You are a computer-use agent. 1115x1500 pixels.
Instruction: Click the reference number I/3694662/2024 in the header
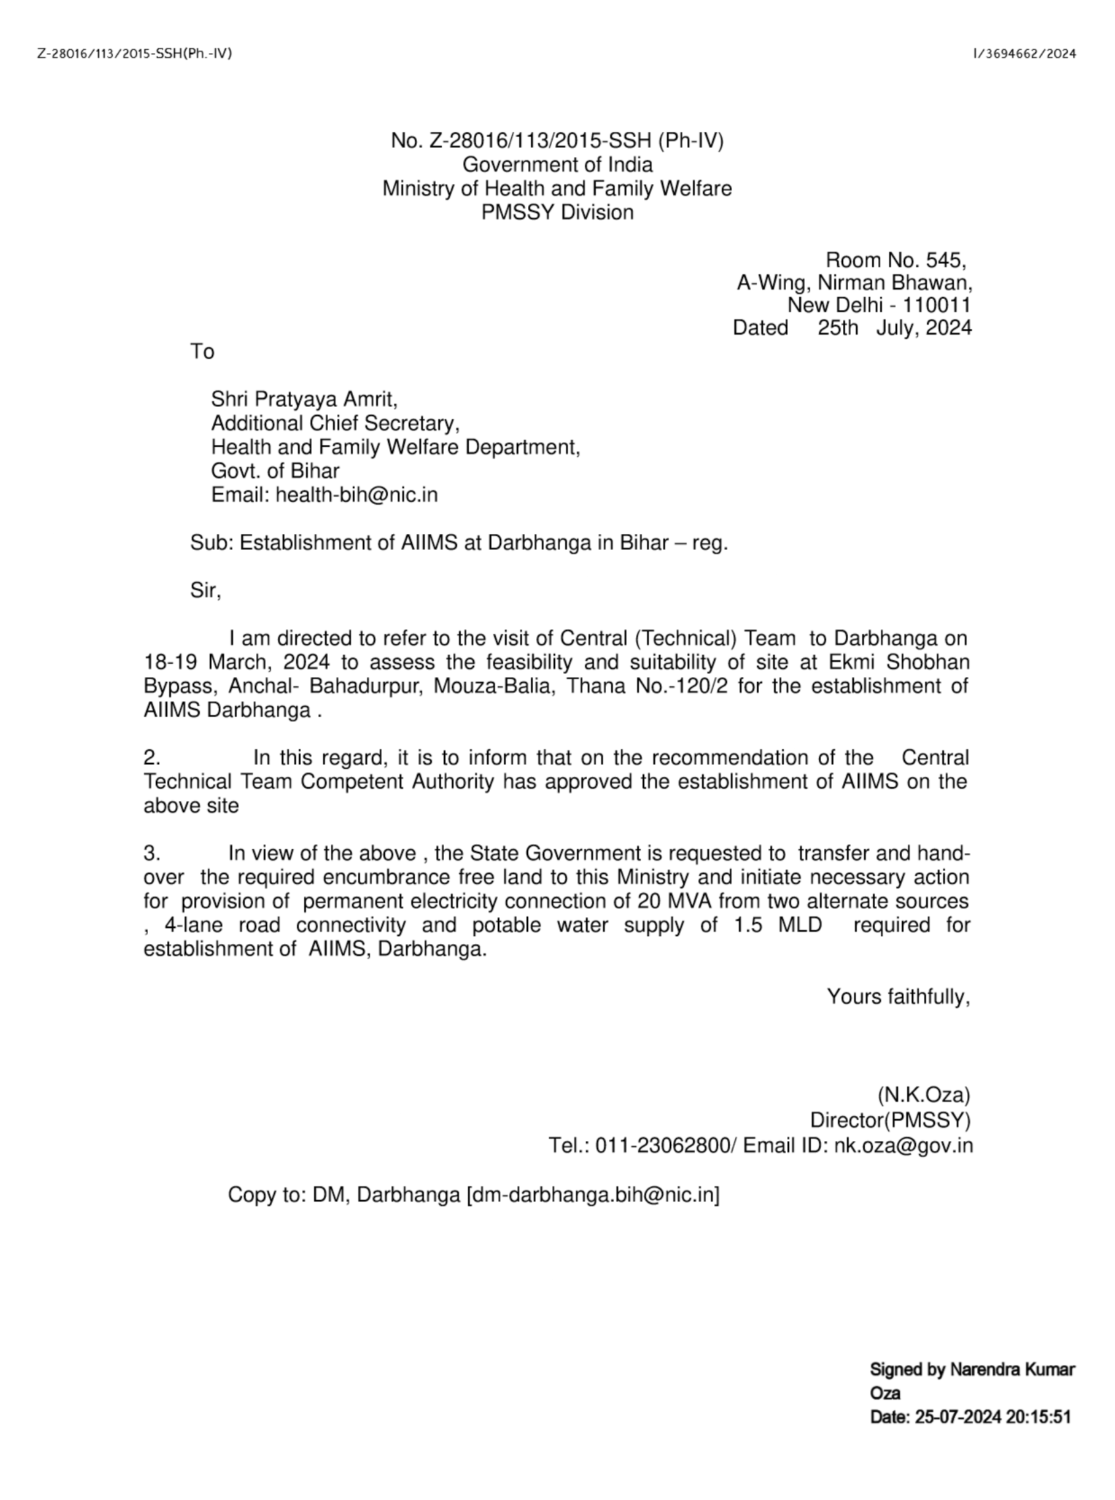point(1024,54)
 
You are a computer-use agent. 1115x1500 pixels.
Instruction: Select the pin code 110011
point(937,305)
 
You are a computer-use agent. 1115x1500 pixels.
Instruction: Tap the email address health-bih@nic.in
point(356,494)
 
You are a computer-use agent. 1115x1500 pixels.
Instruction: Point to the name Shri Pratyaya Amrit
point(304,399)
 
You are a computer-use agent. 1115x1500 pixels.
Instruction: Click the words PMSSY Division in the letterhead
point(556,212)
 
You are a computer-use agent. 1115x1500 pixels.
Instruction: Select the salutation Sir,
point(205,590)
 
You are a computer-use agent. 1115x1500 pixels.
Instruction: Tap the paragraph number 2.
point(151,758)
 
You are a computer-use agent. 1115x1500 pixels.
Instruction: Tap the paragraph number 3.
point(151,854)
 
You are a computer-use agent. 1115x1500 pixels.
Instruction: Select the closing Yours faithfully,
point(898,997)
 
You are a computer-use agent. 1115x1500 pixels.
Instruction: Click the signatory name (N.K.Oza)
point(923,1095)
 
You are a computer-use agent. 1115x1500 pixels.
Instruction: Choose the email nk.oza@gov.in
point(903,1146)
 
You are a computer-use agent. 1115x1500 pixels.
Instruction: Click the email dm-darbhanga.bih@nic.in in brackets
point(594,1195)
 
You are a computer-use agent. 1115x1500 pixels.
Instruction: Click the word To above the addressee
point(202,351)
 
